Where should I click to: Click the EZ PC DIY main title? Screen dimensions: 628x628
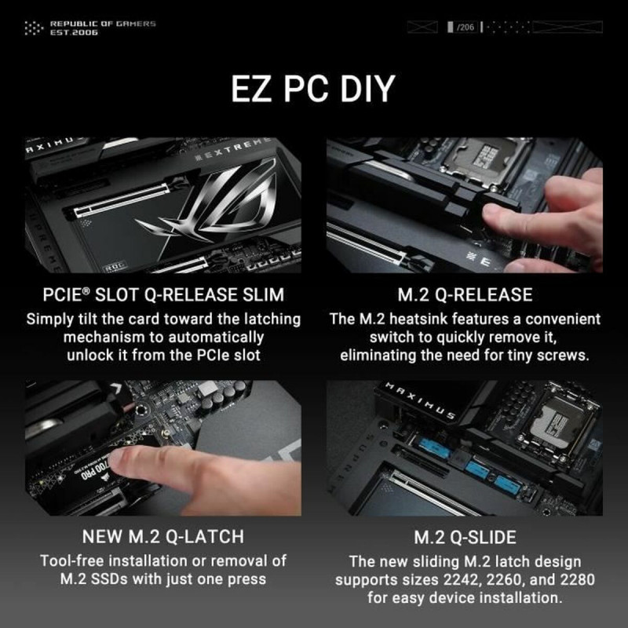[x=313, y=89]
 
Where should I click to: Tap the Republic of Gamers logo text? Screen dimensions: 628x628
[x=102, y=28]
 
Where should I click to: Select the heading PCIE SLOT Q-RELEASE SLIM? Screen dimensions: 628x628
[x=163, y=296]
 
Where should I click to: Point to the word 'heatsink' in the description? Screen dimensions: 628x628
[x=430, y=319]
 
